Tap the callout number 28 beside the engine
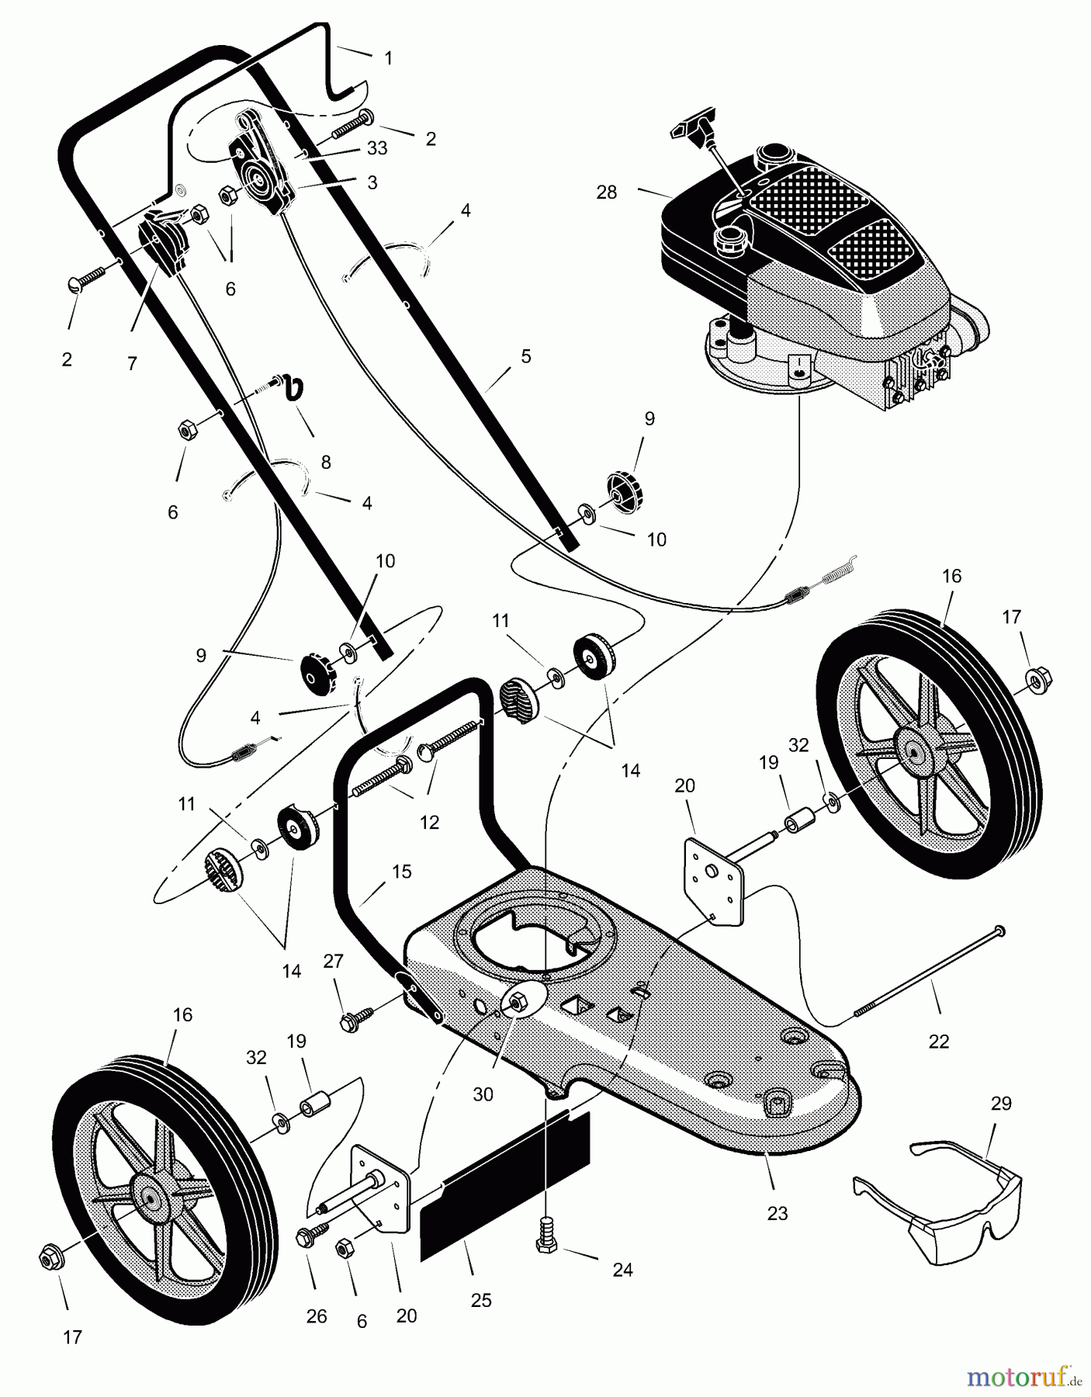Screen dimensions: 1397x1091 coord(606,192)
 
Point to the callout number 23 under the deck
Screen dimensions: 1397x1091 coord(777,1214)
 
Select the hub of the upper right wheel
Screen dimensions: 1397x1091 coord(916,749)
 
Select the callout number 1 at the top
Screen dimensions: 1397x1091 coord(388,58)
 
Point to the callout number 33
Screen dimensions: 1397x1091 coord(377,149)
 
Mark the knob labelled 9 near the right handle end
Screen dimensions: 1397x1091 coord(622,491)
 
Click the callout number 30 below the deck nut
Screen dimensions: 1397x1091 coord(483,1094)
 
